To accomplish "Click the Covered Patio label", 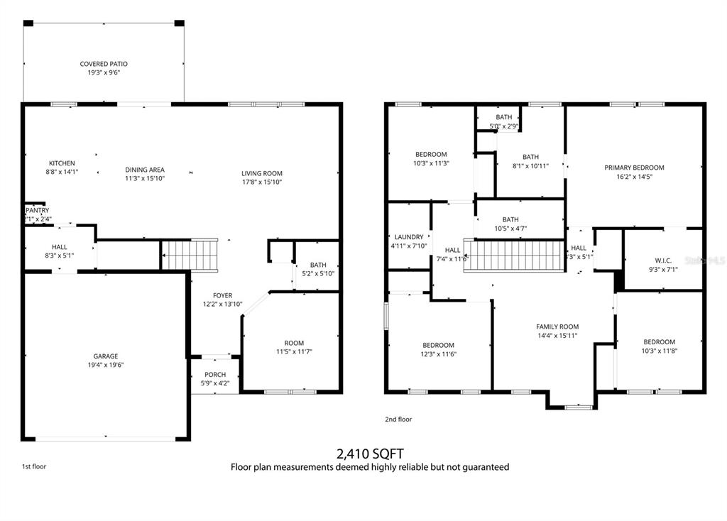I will [104, 64].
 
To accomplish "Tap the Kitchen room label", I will [62, 163].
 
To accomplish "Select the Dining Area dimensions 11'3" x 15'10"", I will [145, 179].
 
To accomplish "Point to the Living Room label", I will [262, 173].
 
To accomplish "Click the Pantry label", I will [38, 211].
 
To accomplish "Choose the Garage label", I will [106, 356].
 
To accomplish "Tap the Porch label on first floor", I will [215, 375].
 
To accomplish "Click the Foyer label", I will [222, 295].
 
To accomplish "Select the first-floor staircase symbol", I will [190, 255].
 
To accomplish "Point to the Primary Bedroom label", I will [634, 168].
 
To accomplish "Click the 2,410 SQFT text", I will [369, 453].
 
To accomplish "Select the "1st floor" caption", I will [34, 466].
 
